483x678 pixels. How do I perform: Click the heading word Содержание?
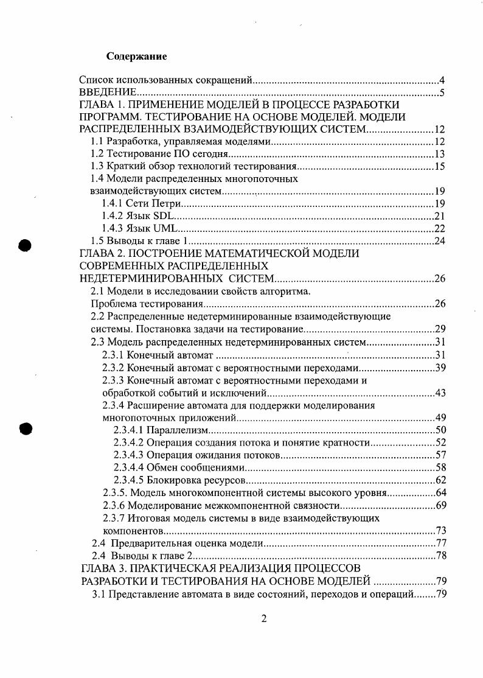pyautogui.click(x=136, y=57)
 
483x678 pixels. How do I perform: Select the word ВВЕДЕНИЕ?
pyautogui.click(x=108, y=93)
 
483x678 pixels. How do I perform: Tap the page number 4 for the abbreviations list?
pyautogui.click(x=442, y=80)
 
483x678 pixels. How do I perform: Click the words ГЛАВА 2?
pyautogui.click(x=102, y=253)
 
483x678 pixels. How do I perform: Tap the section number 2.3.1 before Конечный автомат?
pyautogui.click(x=113, y=355)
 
